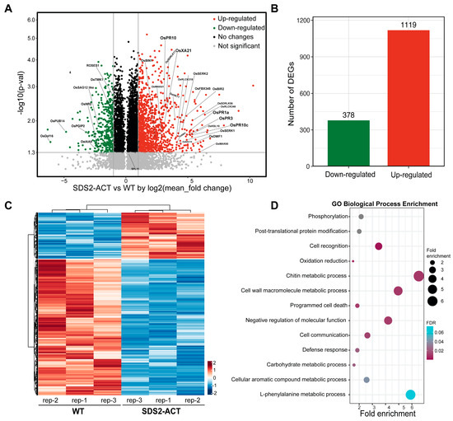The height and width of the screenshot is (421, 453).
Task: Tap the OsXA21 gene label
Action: (x=181, y=50)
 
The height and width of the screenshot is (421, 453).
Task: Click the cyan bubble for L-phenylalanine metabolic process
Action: (x=410, y=395)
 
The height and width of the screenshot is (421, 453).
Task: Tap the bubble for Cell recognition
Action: (x=379, y=246)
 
